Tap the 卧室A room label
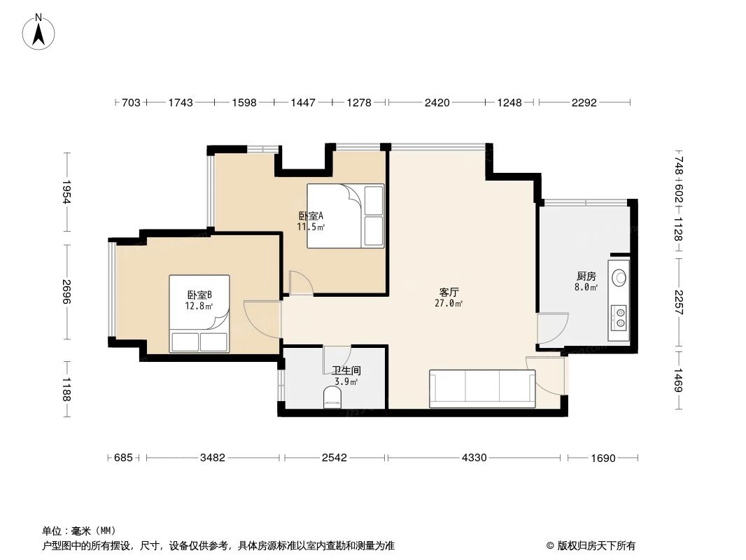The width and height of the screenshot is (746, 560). coord(310,216)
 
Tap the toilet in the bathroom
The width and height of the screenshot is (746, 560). coord(333,398)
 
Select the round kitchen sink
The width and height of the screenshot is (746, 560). coord(619,277)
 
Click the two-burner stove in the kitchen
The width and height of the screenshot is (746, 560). coord(619,317)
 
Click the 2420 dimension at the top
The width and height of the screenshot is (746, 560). coord(437,103)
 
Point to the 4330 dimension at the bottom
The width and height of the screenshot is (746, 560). coord(474,458)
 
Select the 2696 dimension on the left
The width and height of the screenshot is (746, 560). coord(66,291)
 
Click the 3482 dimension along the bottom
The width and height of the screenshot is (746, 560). coord(212,458)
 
